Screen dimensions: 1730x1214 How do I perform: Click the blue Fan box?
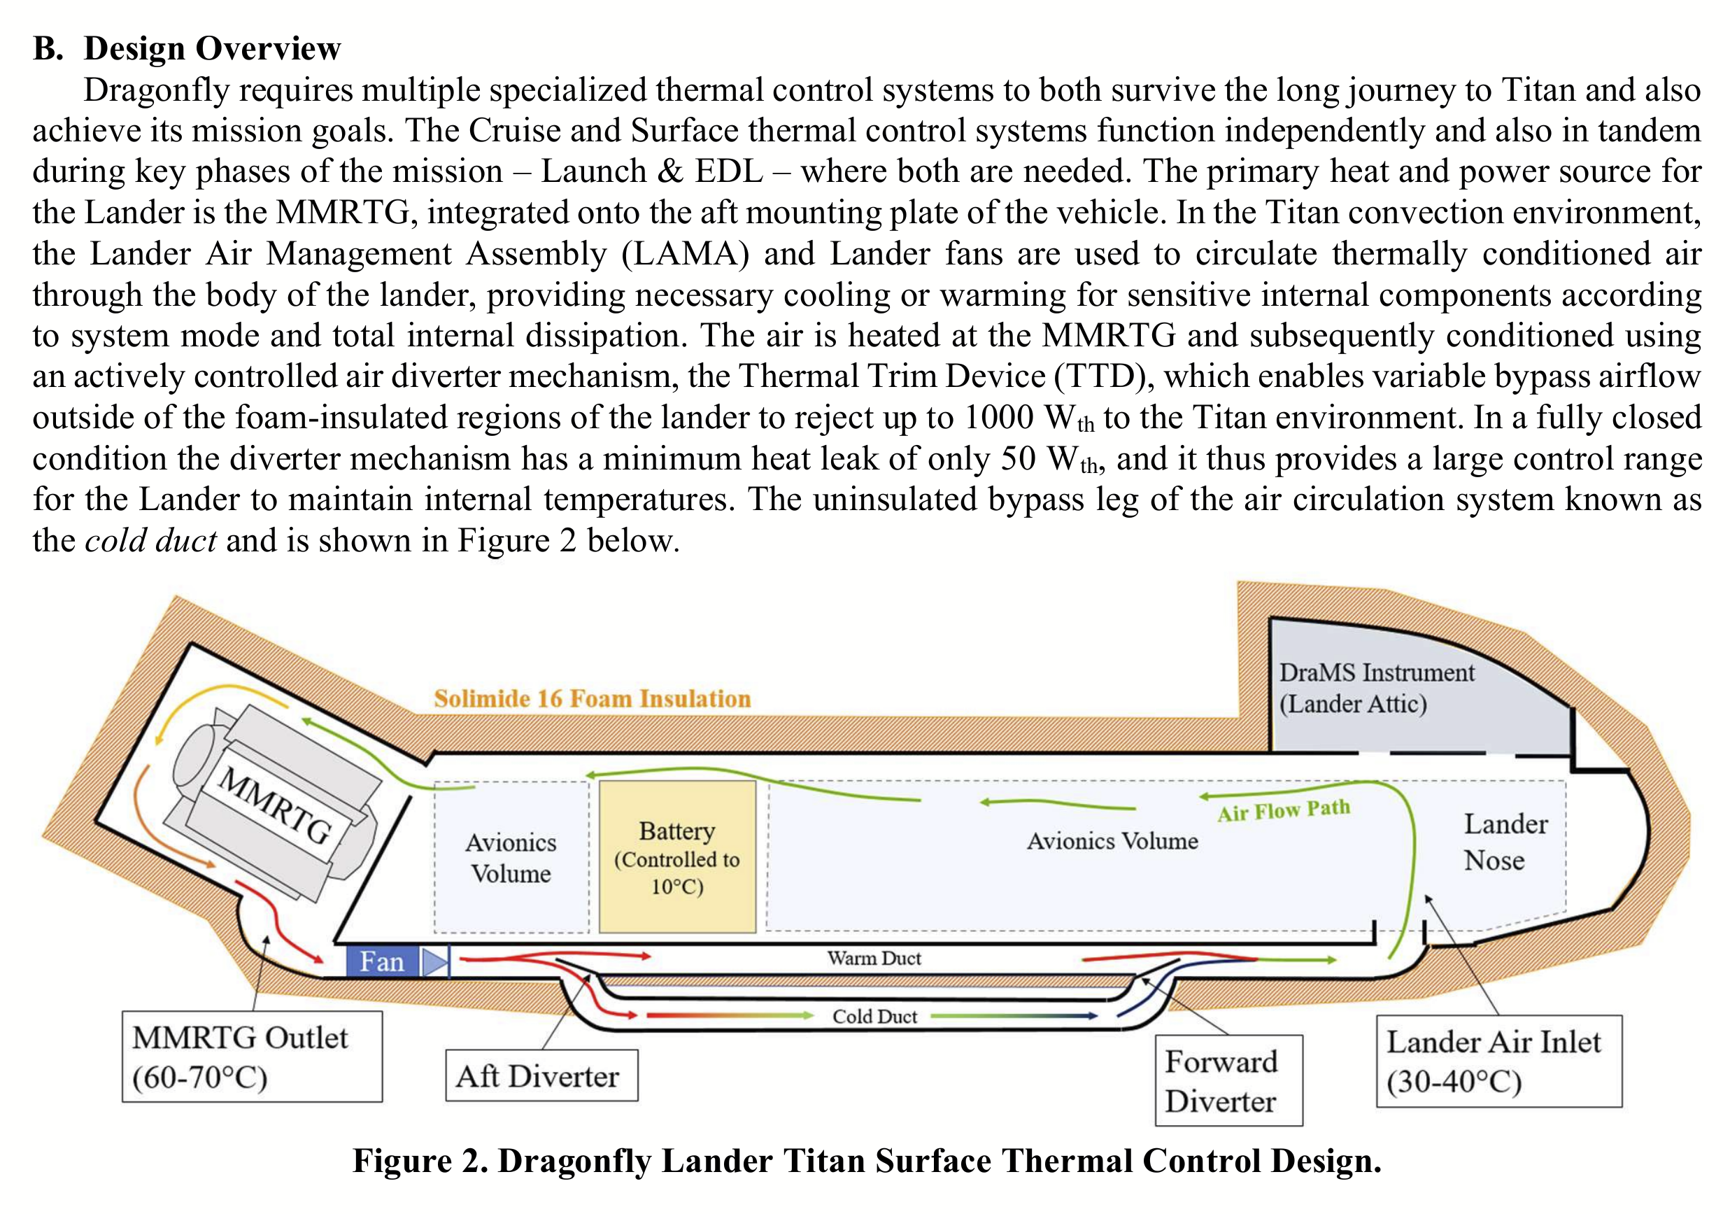click(x=382, y=961)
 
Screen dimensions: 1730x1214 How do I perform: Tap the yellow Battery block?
click(x=677, y=857)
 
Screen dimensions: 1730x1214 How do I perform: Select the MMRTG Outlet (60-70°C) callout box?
click(x=253, y=1057)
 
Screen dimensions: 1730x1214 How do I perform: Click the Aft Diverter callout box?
click(x=541, y=1075)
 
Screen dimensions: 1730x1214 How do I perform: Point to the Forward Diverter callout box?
click(x=1229, y=1080)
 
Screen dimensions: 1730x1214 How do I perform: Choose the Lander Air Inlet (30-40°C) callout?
click(x=1499, y=1061)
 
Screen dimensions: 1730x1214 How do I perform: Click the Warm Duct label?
click(x=874, y=958)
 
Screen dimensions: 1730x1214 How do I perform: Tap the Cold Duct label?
click(x=875, y=1017)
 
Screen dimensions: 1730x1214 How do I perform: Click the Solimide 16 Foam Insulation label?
click(x=593, y=698)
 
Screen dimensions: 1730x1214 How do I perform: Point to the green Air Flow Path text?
click(x=1284, y=810)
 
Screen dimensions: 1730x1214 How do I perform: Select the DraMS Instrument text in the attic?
click(x=1377, y=672)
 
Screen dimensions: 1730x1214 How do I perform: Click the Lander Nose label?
click(x=1505, y=842)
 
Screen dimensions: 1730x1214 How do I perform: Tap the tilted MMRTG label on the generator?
click(x=275, y=805)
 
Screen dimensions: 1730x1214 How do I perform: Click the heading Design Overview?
click(x=212, y=48)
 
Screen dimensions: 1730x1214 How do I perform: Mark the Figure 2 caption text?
click(x=867, y=1161)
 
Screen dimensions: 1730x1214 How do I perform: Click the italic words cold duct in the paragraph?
click(x=150, y=540)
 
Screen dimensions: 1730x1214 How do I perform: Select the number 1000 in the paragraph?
click(x=999, y=418)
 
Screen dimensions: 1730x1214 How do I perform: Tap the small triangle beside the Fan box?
click(x=434, y=962)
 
